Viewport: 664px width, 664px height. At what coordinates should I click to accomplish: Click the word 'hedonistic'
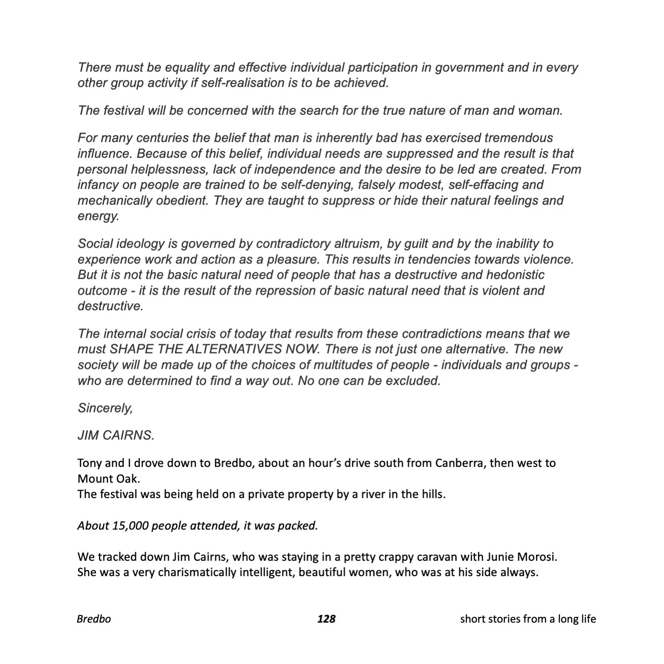point(511,275)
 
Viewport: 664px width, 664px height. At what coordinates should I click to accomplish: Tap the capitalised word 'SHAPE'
point(130,349)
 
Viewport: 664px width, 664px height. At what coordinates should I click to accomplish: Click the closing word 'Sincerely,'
point(105,408)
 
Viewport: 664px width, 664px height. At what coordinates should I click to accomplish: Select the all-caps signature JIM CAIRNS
point(116,435)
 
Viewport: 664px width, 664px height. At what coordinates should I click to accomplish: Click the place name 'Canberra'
point(461,463)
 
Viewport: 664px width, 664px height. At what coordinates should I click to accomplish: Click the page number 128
point(326,619)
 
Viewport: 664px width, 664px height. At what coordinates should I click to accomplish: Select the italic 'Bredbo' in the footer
point(94,619)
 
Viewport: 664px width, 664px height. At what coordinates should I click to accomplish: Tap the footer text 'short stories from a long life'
point(528,619)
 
